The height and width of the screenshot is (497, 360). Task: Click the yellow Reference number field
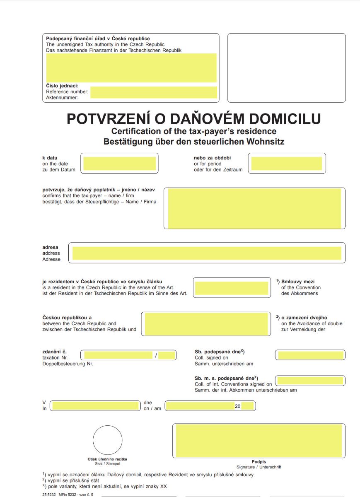[153, 92]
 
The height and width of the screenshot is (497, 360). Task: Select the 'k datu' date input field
[119, 164]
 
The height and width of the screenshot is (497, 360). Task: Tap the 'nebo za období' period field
[286, 164]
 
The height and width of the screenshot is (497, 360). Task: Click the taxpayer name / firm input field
[254, 208]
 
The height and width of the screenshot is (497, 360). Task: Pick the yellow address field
[206, 253]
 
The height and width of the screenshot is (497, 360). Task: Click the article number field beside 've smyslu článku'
[231, 288]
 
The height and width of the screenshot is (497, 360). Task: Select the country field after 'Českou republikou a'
[206, 324]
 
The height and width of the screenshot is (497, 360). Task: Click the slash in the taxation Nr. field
[156, 355]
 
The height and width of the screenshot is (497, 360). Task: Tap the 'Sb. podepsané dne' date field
[310, 355]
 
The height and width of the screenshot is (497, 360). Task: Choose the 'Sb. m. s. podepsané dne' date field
[310, 381]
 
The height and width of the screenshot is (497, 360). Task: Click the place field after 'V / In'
[95, 406]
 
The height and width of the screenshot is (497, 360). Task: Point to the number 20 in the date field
[237, 406]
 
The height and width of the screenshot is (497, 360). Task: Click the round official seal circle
[107, 440]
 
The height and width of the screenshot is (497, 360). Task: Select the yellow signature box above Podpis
[259, 440]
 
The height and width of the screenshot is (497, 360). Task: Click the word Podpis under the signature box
[259, 462]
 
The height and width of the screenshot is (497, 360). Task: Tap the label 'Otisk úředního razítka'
[107, 459]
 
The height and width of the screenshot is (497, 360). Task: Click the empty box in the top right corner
[286, 68]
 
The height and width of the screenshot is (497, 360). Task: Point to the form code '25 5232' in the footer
[48, 495]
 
